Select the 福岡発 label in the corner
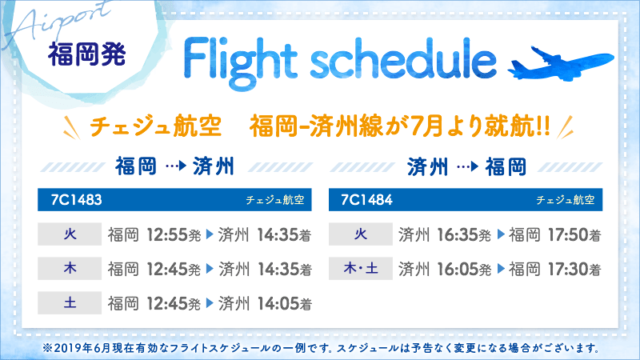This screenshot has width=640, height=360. coord(86,55)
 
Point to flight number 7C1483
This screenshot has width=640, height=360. coord(71,198)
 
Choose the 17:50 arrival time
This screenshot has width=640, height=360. coord(569,235)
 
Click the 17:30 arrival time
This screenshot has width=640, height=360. coord(569,269)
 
